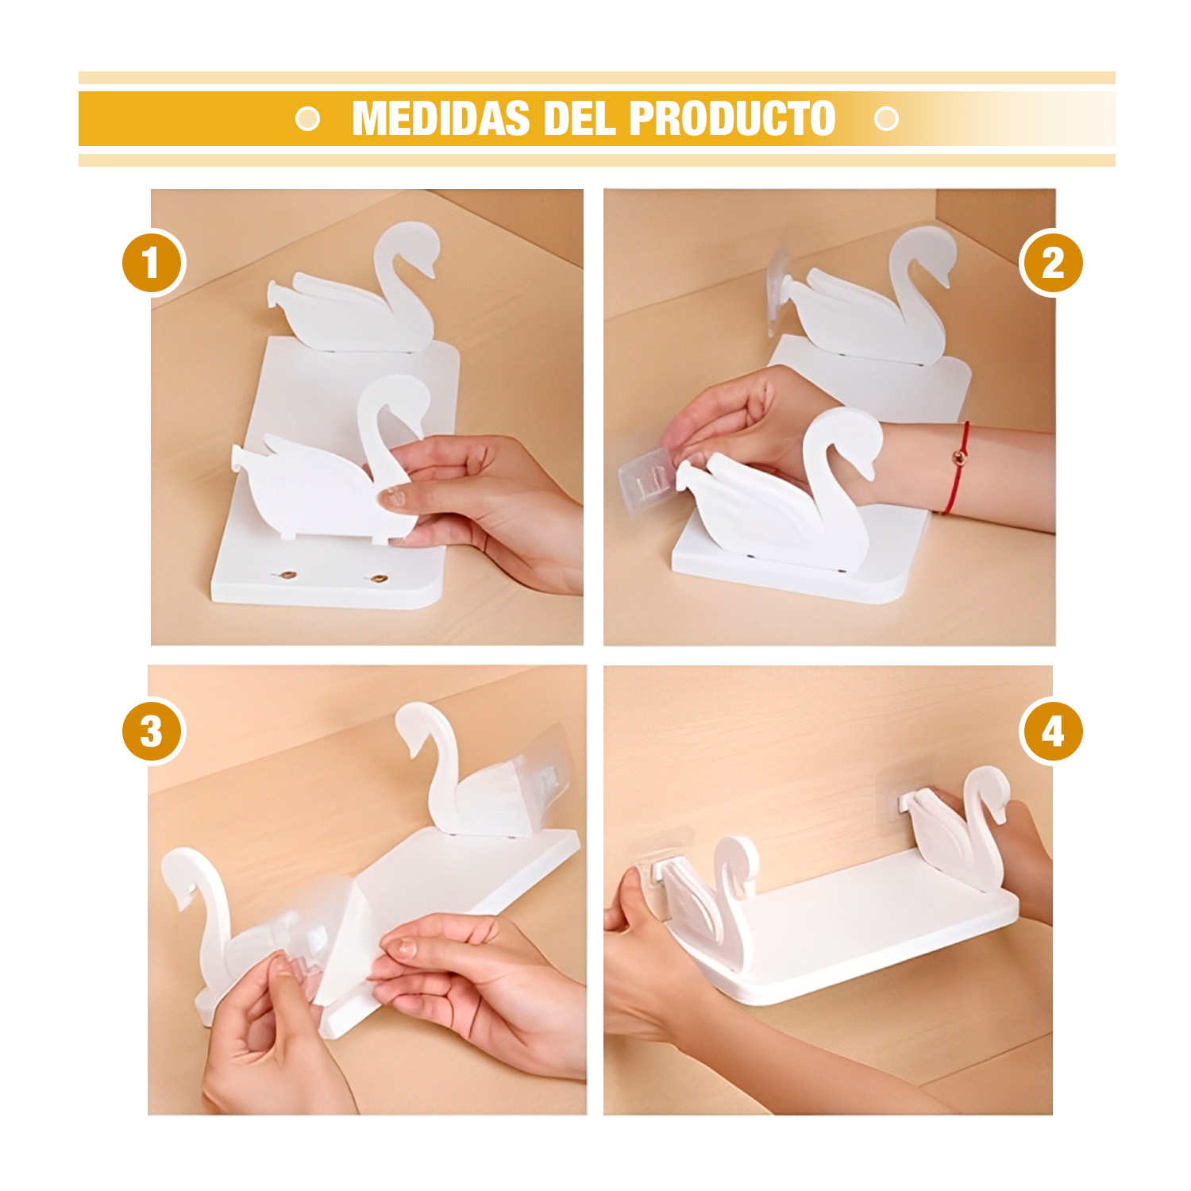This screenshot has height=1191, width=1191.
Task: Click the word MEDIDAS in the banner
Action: (441, 119)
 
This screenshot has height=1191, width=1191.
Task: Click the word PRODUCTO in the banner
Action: (732, 119)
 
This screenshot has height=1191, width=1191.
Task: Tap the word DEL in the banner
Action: (580, 119)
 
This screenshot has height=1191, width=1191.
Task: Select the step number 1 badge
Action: (153, 263)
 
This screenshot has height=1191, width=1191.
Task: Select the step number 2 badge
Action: (1051, 263)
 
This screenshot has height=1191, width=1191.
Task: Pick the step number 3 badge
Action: (153, 731)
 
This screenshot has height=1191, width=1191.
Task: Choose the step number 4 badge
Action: (1051, 731)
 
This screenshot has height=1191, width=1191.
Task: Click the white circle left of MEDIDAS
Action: (307, 119)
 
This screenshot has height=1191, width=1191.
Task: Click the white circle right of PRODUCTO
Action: (886, 119)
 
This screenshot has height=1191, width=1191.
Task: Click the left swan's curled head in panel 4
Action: (737, 861)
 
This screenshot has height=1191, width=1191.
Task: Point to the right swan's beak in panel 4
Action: (1002, 814)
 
